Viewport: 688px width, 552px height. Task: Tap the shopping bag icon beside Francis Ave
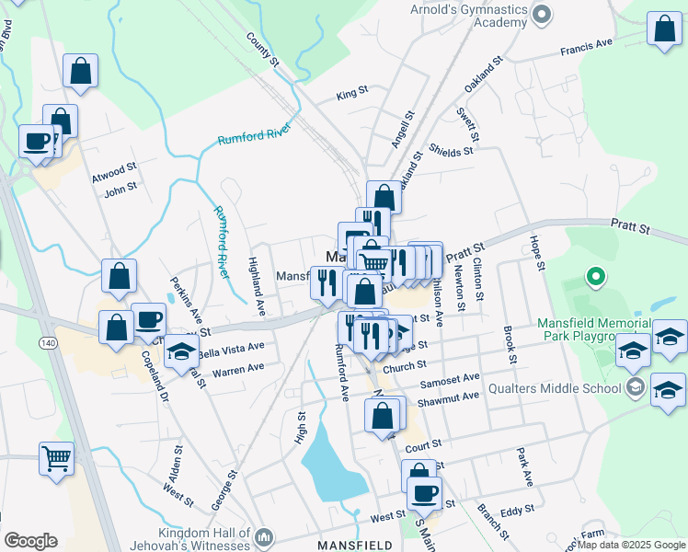click(x=663, y=30)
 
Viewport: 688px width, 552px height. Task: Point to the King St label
click(x=351, y=93)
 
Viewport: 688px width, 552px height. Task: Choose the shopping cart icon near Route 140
click(x=56, y=457)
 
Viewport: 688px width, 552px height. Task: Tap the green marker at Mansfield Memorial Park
click(x=595, y=275)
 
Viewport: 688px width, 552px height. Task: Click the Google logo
click(x=30, y=541)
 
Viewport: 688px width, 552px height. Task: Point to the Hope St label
click(x=536, y=252)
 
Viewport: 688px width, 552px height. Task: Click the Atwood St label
click(x=119, y=168)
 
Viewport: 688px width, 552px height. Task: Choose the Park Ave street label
click(x=524, y=466)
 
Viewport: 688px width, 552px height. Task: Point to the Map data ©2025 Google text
click(x=631, y=545)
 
